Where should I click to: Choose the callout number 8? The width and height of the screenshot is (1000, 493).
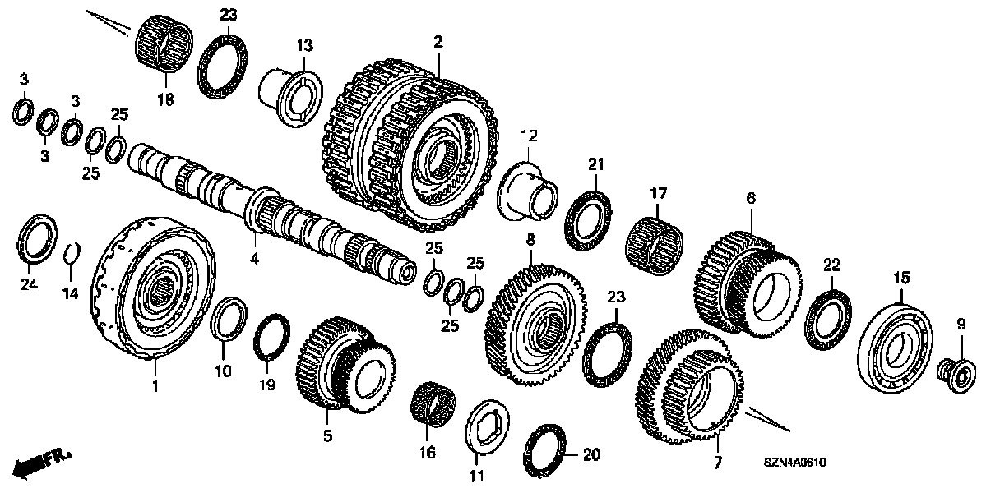530,240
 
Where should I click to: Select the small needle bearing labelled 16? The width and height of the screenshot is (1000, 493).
432,404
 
